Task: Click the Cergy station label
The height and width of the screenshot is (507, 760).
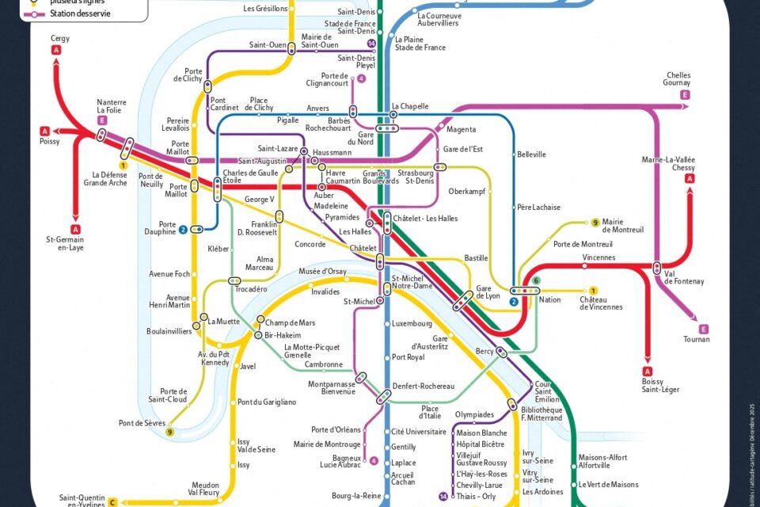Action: pyautogui.click(x=60, y=38)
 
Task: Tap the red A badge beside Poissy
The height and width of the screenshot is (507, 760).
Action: pyautogui.click(x=45, y=131)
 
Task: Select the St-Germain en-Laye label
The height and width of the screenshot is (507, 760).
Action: pyautogui.click(x=65, y=243)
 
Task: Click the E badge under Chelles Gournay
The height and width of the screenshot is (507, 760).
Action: pyautogui.click(x=684, y=95)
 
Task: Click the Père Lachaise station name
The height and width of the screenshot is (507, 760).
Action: pyautogui.click(x=538, y=208)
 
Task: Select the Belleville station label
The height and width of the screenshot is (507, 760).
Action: pyautogui.click(x=532, y=154)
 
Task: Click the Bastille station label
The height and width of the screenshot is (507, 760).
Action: pyautogui.click(x=476, y=258)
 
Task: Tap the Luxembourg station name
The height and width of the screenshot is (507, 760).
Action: pyautogui.click(x=412, y=323)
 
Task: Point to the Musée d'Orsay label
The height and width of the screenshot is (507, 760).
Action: pyautogui.click(x=322, y=272)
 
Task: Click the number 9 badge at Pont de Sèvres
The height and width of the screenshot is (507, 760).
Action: pyautogui.click(x=169, y=432)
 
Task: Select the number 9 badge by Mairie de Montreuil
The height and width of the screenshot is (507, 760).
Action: pyautogui.click(x=595, y=223)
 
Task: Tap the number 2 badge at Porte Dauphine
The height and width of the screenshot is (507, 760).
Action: pyautogui.click(x=183, y=230)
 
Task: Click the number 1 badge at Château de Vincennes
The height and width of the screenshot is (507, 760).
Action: pyautogui.click(x=593, y=291)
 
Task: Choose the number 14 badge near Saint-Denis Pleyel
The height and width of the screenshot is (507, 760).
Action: pyautogui.click(x=370, y=43)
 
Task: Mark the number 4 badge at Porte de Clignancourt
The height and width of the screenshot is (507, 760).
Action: pyautogui.click(x=362, y=78)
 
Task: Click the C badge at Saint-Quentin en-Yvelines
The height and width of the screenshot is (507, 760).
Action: pyautogui.click(x=113, y=501)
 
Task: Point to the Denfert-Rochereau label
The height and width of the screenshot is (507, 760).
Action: pyautogui.click(x=424, y=386)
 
